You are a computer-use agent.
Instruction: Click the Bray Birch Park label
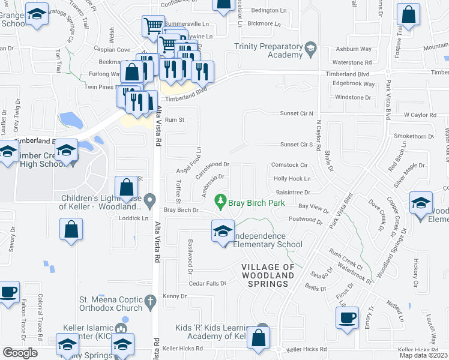pyautogui.click(x=256, y=203)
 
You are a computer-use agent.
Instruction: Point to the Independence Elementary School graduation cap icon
pyautogui.click(x=223, y=231)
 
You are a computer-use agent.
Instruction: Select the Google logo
pyautogui.click(x=20, y=353)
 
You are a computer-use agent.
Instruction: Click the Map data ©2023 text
pyautogui.click(x=423, y=355)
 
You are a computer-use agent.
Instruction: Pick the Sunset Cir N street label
pyautogui.click(x=297, y=113)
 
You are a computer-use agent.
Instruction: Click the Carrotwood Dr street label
pyautogui.click(x=213, y=164)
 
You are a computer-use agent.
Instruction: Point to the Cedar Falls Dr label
pyautogui.click(x=207, y=283)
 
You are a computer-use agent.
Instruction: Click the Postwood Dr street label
pyautogui.click(x=305, y=220)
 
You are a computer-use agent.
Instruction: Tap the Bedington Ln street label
pyautogui.click(x=269, y=11)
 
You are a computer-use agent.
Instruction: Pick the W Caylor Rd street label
pyautogui.click(x=418, y=114)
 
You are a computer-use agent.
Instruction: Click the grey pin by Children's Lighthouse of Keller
pyautogui.click(x=151, y=199)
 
